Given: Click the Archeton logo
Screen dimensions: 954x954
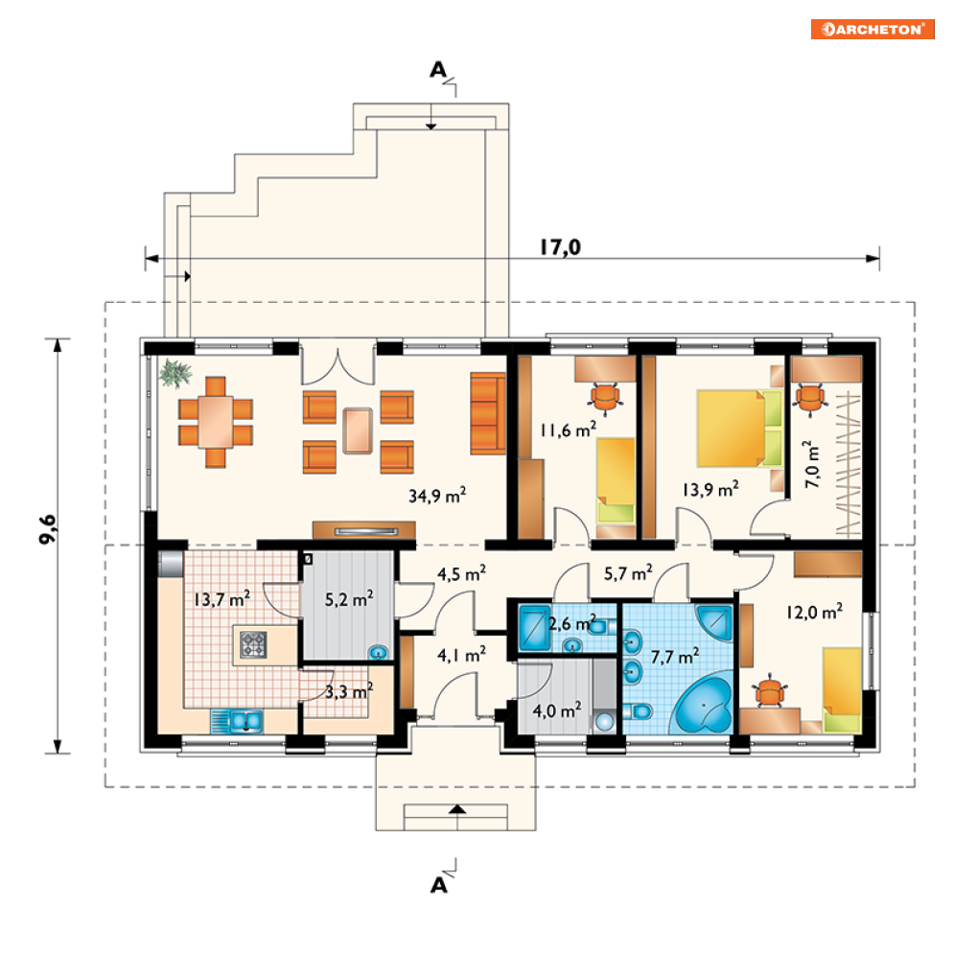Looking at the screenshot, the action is [x=872, y=29].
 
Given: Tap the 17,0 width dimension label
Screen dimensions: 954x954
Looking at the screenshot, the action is [x=560, y=247].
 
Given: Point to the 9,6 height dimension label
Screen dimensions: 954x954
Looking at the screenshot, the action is [x=47, y=529].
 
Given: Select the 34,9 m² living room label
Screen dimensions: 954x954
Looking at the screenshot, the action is [x=437, y=496].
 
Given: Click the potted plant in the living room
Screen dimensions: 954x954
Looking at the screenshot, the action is [x=175, y=372].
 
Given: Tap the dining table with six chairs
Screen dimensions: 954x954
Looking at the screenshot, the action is [x=216, y=422].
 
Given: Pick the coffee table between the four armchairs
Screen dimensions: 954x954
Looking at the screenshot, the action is [x=358, y=430].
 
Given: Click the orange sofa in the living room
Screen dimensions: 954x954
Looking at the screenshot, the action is [x=488, y=414].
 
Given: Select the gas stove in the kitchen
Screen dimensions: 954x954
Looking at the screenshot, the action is [x=253, y=645].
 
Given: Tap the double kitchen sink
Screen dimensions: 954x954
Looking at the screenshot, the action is [x=245, y=721].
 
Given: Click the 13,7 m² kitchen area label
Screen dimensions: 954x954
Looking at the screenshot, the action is [x=221, y=599].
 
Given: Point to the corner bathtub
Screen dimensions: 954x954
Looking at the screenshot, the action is [x=704, y=705].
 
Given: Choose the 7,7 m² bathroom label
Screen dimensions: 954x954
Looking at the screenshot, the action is [x=675, y=657].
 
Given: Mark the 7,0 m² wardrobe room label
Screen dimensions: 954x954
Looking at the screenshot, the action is [x=812, y=464].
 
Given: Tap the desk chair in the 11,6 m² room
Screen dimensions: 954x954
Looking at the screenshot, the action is [x=605, y=397].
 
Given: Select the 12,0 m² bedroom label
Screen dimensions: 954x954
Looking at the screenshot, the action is [x=814, y=612].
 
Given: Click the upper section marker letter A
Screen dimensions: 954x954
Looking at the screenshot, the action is [x=438, y=71].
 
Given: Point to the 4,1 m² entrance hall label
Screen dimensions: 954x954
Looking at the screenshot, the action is [x=461, y=655].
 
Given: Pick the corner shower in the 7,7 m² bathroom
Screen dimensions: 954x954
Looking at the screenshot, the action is [x=715, y=622].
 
